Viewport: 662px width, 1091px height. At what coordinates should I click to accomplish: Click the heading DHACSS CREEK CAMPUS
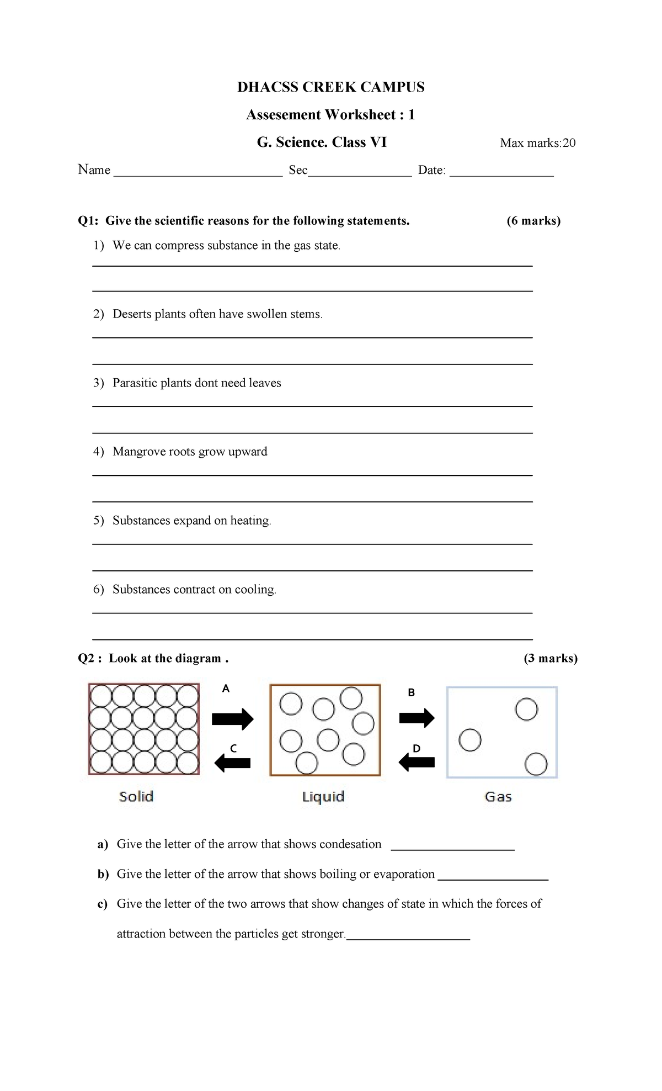coord(330,87)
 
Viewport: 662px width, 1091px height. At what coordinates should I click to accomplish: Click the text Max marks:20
coord(537,143)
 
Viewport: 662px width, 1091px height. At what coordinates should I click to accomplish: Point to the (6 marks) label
coord(533,221)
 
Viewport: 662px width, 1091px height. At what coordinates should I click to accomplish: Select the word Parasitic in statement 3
coord(135,383)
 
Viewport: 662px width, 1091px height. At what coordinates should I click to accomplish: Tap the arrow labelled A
coord(232,718)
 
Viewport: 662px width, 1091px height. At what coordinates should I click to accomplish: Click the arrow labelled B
coord(417,718)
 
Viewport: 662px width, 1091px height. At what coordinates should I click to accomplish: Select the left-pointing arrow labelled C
coord(232,763)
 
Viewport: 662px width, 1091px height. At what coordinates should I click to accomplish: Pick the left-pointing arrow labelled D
coord(417,762)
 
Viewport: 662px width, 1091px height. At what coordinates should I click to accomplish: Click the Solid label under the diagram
coord(136,796)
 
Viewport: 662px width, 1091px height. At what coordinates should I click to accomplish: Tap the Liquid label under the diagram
coord(323,797)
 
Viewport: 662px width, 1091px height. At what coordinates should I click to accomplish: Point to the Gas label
coord(498,797)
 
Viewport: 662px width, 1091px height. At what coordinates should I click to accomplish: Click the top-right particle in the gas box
coord(526,709)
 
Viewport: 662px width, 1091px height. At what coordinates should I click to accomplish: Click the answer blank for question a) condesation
coord(452,845)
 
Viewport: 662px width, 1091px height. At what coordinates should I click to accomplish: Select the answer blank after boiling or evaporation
coord(493,875)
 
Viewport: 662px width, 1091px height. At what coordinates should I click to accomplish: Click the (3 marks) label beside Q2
coord(550,658)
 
